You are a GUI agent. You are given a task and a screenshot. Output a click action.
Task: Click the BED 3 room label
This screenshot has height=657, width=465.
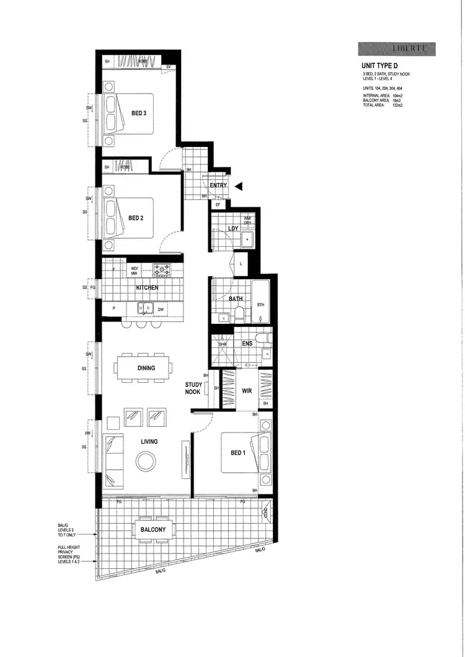click(138, 113)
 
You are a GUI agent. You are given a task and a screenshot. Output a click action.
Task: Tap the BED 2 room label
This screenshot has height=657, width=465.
click(136, 218)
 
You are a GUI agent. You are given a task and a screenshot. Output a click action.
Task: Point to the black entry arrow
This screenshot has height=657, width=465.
click(239, 185)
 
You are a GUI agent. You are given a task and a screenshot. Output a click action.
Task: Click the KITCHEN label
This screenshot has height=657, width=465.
click(147, 288)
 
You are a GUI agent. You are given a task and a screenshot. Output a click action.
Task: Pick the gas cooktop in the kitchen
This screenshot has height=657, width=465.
click(162, 269)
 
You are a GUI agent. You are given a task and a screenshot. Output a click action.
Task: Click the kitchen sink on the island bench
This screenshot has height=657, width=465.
click(146, 307)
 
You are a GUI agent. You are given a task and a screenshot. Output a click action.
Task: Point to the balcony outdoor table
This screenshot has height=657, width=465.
click(152, 529)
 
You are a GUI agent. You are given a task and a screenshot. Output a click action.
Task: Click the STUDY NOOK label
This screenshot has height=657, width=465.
click(193, 388)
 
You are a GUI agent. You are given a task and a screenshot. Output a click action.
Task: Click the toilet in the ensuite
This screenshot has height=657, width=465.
click(265, 338)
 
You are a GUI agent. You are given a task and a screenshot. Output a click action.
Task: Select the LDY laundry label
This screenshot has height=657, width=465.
click(234, 229)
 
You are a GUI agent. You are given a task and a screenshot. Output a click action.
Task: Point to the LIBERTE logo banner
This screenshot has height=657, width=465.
click(396, 49)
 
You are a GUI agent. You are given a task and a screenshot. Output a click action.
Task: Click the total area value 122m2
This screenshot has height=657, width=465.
click(397, 105)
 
